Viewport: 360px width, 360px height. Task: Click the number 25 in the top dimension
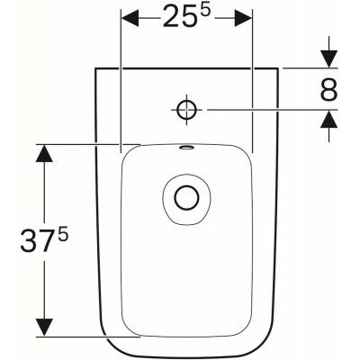179,17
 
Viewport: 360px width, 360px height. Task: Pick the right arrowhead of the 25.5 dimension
241,19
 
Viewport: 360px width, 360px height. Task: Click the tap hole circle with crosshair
186,110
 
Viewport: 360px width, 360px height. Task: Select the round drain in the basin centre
186,199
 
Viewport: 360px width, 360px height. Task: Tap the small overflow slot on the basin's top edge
185,148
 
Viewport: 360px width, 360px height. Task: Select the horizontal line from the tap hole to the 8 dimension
261,110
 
